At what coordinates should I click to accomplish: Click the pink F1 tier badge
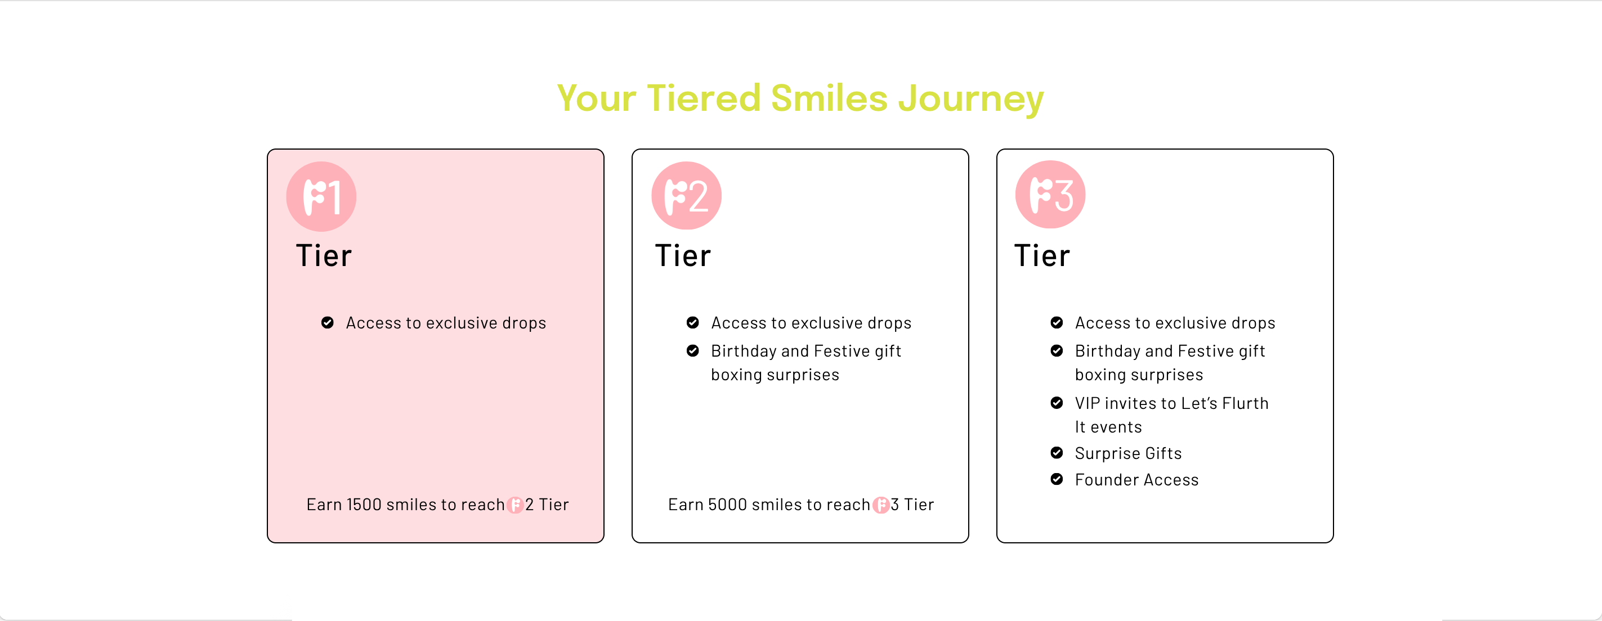pos(321,196)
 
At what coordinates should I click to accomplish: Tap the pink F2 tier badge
pos(686,196)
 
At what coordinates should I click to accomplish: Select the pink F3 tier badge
pos(1050,195)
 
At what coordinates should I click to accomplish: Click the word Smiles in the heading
pos(829,98)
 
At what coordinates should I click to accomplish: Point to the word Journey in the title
pos(971,100)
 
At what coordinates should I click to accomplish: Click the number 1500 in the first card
pos(364,505)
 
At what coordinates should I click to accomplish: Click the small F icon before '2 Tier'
pos(515,505)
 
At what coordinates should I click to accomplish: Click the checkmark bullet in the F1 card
pos(327,323)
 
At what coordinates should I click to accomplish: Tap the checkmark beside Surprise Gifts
pos(1057,453)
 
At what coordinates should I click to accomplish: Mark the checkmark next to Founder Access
pos(1057,479)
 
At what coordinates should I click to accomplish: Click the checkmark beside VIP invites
pos(1057,403)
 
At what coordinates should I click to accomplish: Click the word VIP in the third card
pos(1088,403)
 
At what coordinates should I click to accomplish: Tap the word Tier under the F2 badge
pos(683,256)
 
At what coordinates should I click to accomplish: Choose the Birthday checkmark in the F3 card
pos(1057,350)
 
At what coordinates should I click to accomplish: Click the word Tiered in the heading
pos(704,98)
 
